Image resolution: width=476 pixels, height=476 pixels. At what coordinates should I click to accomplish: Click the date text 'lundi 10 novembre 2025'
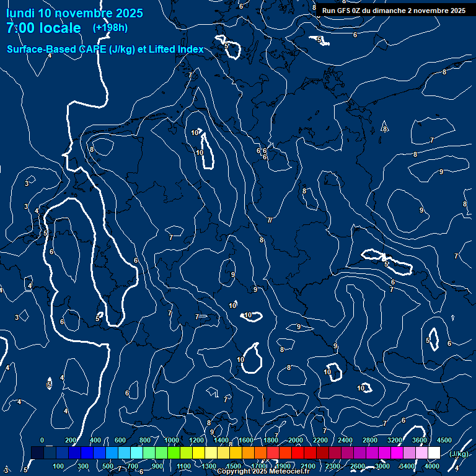pyautogui.click(x=74, y=13)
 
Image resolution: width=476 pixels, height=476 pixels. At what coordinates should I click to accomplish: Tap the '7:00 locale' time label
pyautogui.click(x=43, y=28)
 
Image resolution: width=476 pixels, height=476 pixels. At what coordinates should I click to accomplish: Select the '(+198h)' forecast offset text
pyautogui.click(x=110, y=28)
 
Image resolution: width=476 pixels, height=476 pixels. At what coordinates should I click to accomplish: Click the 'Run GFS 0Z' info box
pyautogui.click(x=394, y=11)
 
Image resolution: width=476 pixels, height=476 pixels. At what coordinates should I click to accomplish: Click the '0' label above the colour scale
pyautogui.click(x=42, y=440)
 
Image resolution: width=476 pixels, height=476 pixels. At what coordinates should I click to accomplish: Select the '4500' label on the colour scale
pyautogui.click(x=444, y=440)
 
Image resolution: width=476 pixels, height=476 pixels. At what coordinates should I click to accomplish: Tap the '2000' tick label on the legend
pyautogui.click(x=296, y=440)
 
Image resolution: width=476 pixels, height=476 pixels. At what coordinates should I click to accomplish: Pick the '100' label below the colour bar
pyautogui.click(x=59, y=466)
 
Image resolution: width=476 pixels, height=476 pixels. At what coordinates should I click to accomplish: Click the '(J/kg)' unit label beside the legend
pyautogui.click(x=459, y=454)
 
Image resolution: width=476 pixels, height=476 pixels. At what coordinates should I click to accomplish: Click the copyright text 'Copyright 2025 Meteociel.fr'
pyautogui.click(x=263, y=472)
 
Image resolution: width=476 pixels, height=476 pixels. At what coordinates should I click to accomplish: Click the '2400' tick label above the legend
pyautogui.click(x=345, y=440)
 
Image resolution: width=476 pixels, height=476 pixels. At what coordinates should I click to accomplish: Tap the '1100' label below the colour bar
pyautogui.click(x=184, y=466)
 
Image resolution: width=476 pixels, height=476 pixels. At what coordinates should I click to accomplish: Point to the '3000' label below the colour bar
pyautogui.click(x=382, y=466)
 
